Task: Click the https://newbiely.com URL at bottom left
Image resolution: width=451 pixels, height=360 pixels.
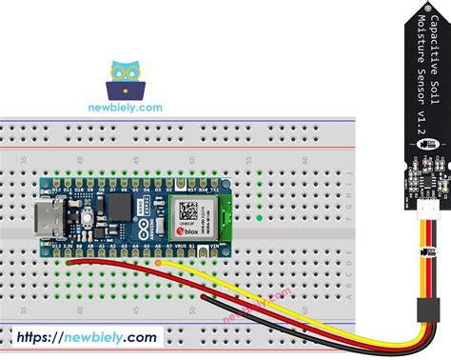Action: [85, 336]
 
